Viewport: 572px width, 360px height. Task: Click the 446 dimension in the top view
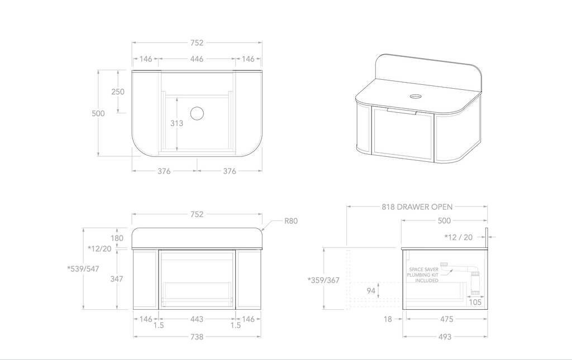(x=197, y=59)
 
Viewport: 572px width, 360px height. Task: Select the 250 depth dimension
(x=117, y=92)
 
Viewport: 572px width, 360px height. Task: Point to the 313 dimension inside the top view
(x=177, y=123)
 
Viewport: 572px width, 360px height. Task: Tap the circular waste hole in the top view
(x=197, y=114)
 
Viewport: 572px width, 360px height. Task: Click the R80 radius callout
(x=290, y=220)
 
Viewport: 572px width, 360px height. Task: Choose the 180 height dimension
(x=117, y=238)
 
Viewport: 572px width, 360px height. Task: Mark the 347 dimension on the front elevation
(x=117, y=278)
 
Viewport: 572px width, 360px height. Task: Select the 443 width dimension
(x=197, y=319)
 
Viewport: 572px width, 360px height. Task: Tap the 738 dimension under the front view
(x=197, y=337)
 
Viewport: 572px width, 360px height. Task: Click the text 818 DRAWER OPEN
(x=417, y=207)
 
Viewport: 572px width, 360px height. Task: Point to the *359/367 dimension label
(x=323, y=280)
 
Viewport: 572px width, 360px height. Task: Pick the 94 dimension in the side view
(x=370, y=290)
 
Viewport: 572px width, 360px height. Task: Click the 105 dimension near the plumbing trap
(x=475, y=303)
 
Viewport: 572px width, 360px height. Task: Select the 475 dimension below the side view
(x=445, y=319)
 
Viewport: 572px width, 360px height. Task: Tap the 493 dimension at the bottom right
(x=445, y=337)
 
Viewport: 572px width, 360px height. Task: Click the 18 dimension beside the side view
(x=389, y=319)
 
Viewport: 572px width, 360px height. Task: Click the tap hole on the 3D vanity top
(x=416, y=96)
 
